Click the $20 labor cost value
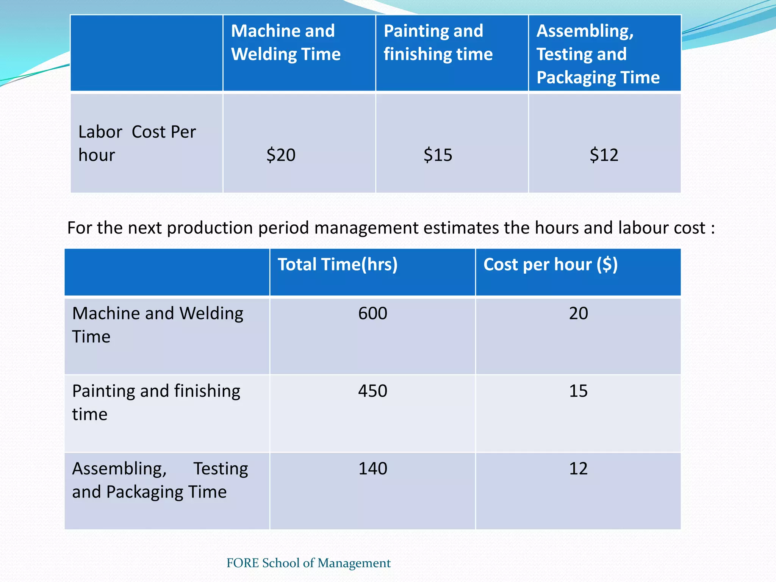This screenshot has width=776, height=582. point(281,155)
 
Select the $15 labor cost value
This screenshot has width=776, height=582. point(438,155)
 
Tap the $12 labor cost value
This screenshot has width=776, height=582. point(604,155)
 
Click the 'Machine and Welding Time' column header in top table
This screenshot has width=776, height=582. point(286,42)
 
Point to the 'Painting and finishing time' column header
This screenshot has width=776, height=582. point(438,42)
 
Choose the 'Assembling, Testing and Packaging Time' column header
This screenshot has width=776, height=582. point(598,54)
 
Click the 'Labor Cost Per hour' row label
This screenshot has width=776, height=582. point(137,143)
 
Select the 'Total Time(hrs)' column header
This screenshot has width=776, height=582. point(338,264)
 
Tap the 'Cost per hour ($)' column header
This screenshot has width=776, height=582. point(550,264)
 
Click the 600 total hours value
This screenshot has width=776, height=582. point(372,314)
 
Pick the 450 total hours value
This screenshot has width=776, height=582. point(372,391)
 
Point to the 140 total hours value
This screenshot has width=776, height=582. point(372,469)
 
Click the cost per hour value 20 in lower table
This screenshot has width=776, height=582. point(578,314)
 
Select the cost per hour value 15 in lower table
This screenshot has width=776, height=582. point(578,391)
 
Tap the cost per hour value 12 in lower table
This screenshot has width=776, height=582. point(578,469)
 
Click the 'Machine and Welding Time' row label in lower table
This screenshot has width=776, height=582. point(157,325)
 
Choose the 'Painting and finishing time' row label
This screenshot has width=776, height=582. point(156,402)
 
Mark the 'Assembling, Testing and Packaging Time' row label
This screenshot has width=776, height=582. point(160,480)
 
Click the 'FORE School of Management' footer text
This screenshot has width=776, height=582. point(308,563)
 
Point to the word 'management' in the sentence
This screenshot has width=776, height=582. point(366,228)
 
